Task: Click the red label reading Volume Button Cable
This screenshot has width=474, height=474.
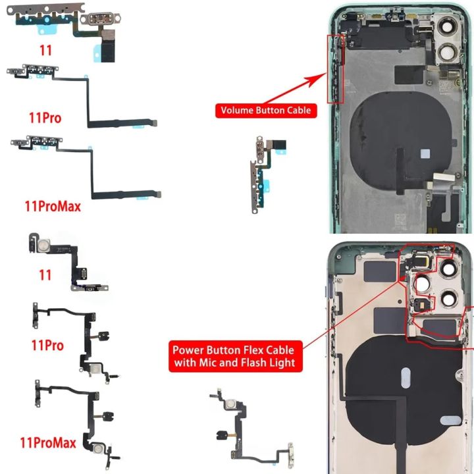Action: click(265, 111)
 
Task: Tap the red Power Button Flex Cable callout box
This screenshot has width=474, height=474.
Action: click(233, 356)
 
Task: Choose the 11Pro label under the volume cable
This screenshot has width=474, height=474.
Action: click(46, 118)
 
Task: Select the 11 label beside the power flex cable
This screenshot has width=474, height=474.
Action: click(45, 275)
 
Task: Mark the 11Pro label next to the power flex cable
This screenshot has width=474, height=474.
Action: click(47, 345)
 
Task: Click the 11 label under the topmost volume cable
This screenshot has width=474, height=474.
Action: click(45, 49)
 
